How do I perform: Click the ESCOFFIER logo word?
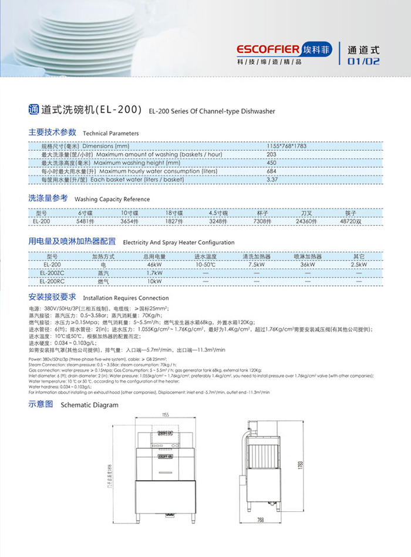coord(268,49)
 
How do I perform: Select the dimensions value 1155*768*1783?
coord(287,146)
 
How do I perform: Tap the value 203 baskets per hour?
coord(271,154)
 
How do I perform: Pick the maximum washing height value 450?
coord(271,163)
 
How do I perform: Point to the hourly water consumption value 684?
coord(271,171)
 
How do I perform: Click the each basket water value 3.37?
coord(272,179)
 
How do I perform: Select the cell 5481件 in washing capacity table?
coord(86,222)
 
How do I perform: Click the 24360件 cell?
coord(306,222)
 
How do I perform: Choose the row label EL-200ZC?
coord(52,274)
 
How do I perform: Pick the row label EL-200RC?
coord(52,282)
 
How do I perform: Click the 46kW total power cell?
coord(154,265)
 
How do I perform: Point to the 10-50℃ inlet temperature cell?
coord(206,265)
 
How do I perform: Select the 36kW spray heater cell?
coord(308,265)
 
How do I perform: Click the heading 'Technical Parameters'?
coord(111,134)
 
